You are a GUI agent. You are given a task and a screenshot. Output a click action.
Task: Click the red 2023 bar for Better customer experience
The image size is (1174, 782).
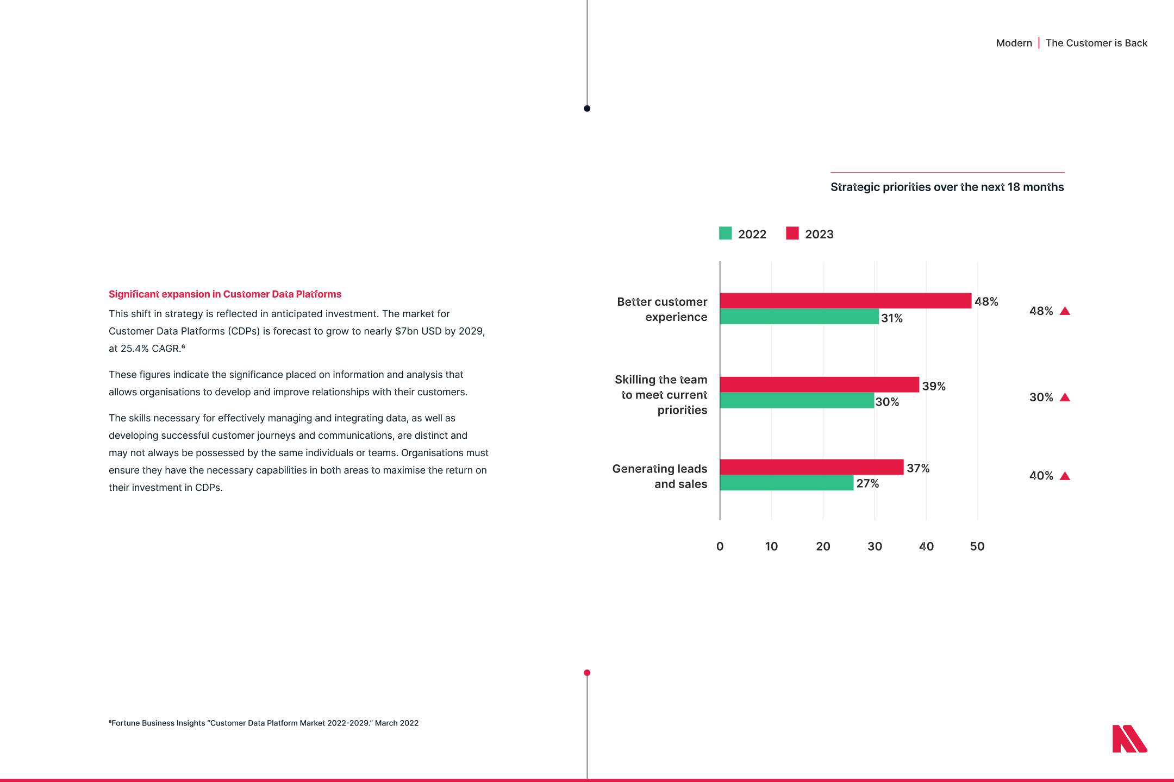pos(845,300)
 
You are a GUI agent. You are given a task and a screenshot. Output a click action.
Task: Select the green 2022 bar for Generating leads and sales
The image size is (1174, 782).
pos(786,483)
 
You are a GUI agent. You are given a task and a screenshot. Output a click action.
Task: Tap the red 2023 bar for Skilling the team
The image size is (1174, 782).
pos(819,384)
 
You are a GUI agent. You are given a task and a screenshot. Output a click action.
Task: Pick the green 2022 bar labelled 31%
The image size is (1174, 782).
pos(799,317)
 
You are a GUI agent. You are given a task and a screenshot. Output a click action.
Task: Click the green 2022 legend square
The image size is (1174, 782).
pos(725,234)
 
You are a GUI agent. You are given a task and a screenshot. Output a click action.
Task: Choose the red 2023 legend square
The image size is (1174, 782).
pos(792,234)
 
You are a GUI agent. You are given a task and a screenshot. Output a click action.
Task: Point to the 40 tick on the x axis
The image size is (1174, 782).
pos(926,546)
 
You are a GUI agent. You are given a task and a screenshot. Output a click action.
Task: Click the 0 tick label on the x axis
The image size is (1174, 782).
pos(720,546)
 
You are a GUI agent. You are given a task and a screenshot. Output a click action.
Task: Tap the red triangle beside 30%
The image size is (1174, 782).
pos(1065,398)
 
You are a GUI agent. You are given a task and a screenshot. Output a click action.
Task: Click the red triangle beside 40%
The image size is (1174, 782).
pos(1065,476)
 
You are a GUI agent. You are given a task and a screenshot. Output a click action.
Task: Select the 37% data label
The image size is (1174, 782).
pos(918,468)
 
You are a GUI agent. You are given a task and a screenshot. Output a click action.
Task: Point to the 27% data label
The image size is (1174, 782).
pos(867,483)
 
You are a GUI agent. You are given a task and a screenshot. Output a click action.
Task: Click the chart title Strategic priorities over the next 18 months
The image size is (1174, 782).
pos(947,187)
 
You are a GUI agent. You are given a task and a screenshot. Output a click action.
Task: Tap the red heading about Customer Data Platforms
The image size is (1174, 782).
pos(225,294)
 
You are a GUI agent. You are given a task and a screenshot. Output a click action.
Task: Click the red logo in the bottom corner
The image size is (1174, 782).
pos(1129,739)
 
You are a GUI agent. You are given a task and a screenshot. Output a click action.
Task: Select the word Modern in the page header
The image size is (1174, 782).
pos(1014,43)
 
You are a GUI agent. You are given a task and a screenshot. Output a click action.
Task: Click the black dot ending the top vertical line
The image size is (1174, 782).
pos(587,109)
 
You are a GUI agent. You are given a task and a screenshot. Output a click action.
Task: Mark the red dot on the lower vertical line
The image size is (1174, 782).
pos(587,673)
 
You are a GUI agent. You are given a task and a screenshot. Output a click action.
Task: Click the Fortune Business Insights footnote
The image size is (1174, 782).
pos(264,723)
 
